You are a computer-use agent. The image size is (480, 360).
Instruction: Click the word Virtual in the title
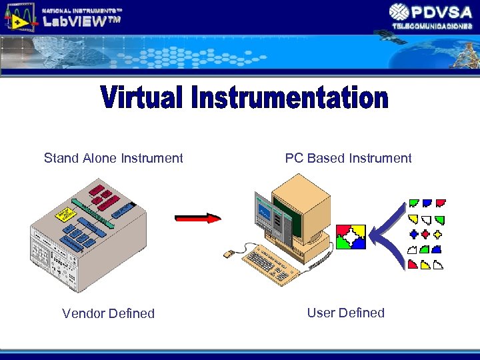143,98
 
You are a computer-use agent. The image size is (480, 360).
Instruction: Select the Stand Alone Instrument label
113,158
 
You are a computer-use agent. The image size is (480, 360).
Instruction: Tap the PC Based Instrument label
348,158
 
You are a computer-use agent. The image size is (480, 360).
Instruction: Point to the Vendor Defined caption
108,313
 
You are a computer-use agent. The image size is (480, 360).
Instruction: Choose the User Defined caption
345,313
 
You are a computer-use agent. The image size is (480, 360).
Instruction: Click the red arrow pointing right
197,218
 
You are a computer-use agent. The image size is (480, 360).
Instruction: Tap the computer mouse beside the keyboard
228,254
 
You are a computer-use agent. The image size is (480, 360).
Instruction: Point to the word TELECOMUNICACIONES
432,25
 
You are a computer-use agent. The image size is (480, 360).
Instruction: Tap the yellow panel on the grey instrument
65,213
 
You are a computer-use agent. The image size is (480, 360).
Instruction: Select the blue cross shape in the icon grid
413,235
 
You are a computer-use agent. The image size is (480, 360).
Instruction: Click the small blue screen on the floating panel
265,213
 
